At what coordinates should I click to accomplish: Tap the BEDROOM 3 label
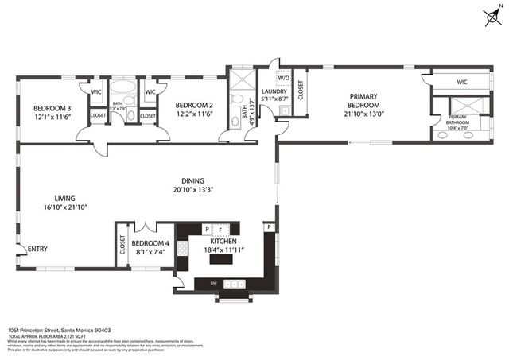[52, 108]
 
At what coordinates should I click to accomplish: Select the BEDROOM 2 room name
[195, 105]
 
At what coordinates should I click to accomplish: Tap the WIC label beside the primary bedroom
[461, 83]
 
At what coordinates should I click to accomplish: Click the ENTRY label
[37, 249]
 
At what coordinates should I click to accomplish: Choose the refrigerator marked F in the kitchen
[220, 230]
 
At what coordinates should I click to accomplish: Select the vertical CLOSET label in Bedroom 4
[122, 246]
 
